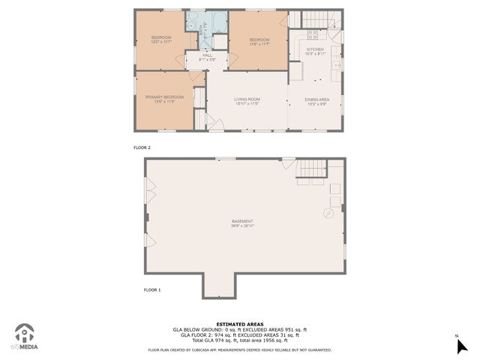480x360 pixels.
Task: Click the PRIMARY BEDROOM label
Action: click(163, 98)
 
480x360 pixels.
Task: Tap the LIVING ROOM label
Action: click(246, 99)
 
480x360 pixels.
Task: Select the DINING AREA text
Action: click(316, 99)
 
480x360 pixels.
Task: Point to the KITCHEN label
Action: click(315, 49)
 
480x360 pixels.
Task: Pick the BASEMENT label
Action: click(242, 221)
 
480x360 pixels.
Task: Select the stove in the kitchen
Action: click(313, 34)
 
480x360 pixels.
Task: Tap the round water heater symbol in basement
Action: click(328, 213)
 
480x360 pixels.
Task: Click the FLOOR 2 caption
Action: click(142, 148)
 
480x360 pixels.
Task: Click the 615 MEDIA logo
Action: click(25, 337)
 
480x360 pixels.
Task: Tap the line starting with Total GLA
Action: click(240, 340)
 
